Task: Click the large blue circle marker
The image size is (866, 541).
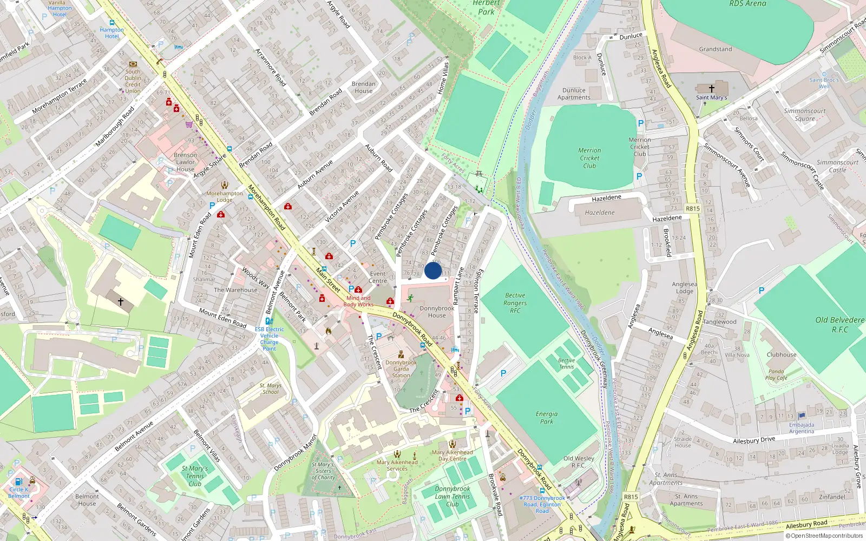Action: click(x=433, y=270)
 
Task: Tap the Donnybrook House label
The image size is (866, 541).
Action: click(x=437, y=312)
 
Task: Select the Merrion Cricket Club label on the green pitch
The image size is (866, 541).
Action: click(x=589, y=158)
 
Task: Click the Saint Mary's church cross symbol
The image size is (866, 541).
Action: click(x=711, y=88)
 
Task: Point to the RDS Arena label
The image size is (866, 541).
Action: click(x=747, y=4)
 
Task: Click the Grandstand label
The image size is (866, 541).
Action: click(x=715, y=49)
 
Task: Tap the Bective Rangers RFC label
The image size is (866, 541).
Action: click(x=515, y=303)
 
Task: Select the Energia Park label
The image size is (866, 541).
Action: click(x=547, y=417)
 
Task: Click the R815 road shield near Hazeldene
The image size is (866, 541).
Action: click(x=692, y=208)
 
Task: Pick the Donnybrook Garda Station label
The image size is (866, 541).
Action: click(x=401, y=369)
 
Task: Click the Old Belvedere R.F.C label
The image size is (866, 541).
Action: click(x=839, y=324)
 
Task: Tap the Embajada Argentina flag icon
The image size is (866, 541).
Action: click(x=802, y=416)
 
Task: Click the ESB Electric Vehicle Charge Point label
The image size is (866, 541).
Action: click(x=269, y=339)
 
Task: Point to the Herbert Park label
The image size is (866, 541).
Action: click(x=486, y=8)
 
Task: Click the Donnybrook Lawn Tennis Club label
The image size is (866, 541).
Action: click(x=452, y=496)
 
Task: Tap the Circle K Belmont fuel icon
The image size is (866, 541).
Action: click(x=18, y=481)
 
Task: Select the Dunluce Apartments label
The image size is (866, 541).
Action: click(x=574, y=94)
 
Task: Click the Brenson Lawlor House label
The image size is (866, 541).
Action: click(x=185, y=162)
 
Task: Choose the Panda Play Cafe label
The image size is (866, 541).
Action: click(x=776, y=374)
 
